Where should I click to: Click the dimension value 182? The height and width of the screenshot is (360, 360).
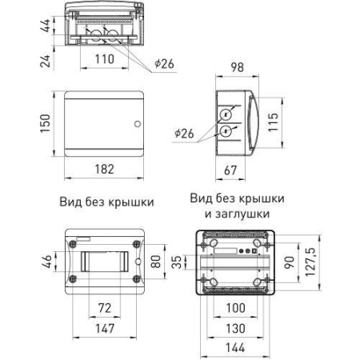tap(104, 170)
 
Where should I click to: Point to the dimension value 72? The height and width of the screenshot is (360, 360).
tap(103, 308)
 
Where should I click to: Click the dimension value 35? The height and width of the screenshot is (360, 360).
tap(178, 261)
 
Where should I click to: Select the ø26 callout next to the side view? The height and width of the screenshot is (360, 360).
tap(183, 133)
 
